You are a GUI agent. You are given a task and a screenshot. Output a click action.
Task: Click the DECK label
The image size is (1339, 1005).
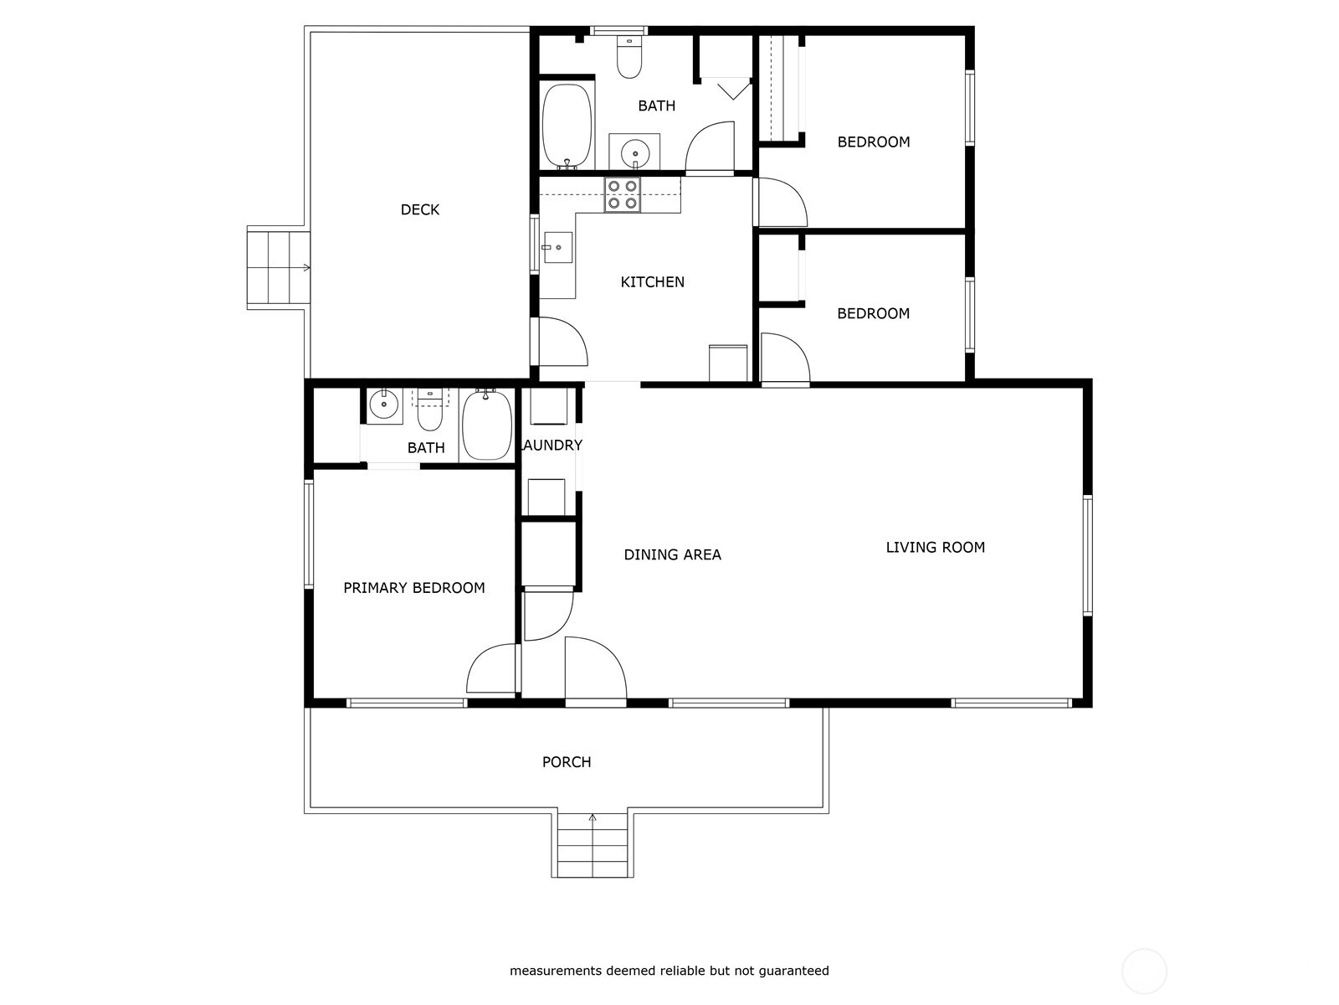coord(420,210)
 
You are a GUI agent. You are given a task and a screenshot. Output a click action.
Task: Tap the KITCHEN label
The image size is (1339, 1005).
coord(652,282)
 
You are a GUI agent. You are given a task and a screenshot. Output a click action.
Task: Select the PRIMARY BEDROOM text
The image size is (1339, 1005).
coord(413,588)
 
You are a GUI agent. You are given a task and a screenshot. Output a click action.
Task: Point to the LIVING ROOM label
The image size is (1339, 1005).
coord(935,548)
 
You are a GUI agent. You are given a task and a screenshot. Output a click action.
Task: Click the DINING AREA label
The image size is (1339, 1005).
coord(672,554)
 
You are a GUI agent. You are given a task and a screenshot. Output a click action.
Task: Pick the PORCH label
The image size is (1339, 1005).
coord(566,762)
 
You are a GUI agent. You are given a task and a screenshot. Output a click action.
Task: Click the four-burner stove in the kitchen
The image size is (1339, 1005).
coord(623,194)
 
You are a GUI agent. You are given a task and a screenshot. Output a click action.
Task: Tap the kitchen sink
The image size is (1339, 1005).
coord(557,247)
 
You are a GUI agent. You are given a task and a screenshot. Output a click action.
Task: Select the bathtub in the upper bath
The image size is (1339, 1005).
coord(567,126)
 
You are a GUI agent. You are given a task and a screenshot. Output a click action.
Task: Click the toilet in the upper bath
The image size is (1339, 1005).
coord(629,57)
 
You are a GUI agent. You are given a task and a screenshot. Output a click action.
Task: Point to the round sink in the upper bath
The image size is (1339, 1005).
coord(634,151)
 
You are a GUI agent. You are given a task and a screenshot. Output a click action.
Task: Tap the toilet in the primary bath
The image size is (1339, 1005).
coord(429,410)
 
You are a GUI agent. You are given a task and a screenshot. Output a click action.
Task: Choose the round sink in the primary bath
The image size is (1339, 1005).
coord(383,405)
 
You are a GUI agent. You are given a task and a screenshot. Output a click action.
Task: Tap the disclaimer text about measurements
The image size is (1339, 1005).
coord(669,970)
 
